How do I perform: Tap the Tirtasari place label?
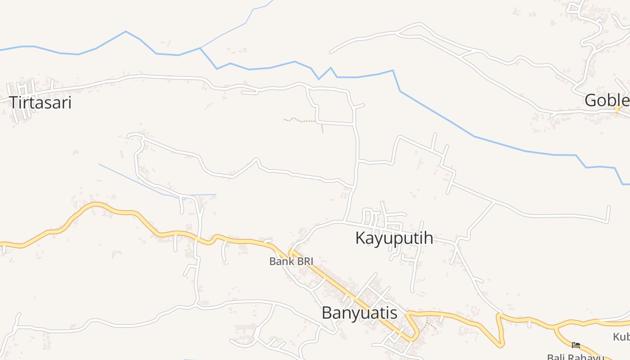pos(40,103)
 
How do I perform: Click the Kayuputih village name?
pos(394,238)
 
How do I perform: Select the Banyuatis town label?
pos(360,313)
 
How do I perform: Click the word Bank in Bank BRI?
pos(280,261)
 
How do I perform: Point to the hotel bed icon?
pos(576,345)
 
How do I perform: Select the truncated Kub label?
pos(621,337)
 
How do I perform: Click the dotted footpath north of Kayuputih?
pos(302,121)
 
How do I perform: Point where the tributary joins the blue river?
pos(200,48)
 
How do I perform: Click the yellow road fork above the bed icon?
pos(556,328)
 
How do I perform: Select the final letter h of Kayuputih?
pos(428,238)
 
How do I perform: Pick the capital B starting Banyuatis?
pos(327,313)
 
